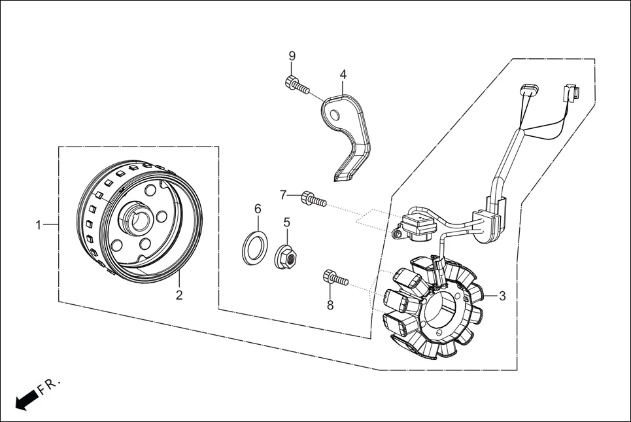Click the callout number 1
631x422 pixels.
pyautogui.click(x=39, y=225)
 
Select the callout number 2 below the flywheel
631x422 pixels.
pyautogui.click(x=179, y=295)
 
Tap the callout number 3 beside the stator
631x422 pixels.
pyautogui.click(x=502, y=296)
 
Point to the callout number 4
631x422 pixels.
pyautogui.click(x=343, y=75)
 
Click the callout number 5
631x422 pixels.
pyautogui.click(x=286, y=222)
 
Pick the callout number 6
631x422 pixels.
pyautogui.click(x=258, y=209)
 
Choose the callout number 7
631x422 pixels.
pyautogui.click(x=283, y=194)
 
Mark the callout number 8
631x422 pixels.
pyautogui.click(x=330, y=305)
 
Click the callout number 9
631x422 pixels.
pyautogui.click(x=292, y=56)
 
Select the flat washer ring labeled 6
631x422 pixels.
pyautogui.click(x=254, y=248)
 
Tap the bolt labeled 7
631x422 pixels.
pyautogui.click(x=313, y=199)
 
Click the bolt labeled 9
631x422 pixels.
pyautogui.click(x=296, y=85)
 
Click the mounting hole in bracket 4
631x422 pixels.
pyautogui.click(x=335, y=116)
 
